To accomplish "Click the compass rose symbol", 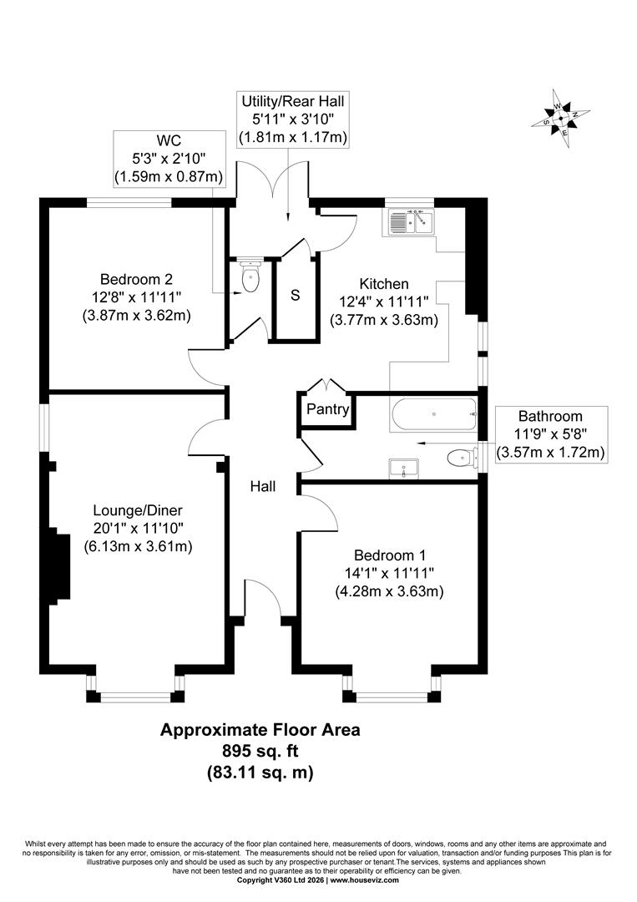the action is pos(560,119).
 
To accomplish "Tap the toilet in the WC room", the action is pos(250,276).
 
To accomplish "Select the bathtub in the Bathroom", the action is pos(433,414).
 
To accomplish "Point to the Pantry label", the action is pos(328,409).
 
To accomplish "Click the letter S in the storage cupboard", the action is pos(296,295).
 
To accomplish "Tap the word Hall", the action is pos(263,487).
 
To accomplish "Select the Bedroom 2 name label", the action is pos(136,280).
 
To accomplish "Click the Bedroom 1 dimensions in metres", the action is pos(389,591).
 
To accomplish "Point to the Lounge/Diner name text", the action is pos(138,510).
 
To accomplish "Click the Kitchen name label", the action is pos(384,284).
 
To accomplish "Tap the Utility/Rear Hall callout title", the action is pos(293,102).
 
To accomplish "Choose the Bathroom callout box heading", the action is pos(550,416).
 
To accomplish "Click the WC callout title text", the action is pos(169,141).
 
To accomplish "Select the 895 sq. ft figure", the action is pos(260,751).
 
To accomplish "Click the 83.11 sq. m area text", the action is pos(260,772).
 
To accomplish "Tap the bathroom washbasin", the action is pos(403,469).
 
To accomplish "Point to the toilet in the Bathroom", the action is pos(462,458).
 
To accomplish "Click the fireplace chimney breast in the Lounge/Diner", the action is pos(59,565).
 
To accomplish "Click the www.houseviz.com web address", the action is pos(365,880).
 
